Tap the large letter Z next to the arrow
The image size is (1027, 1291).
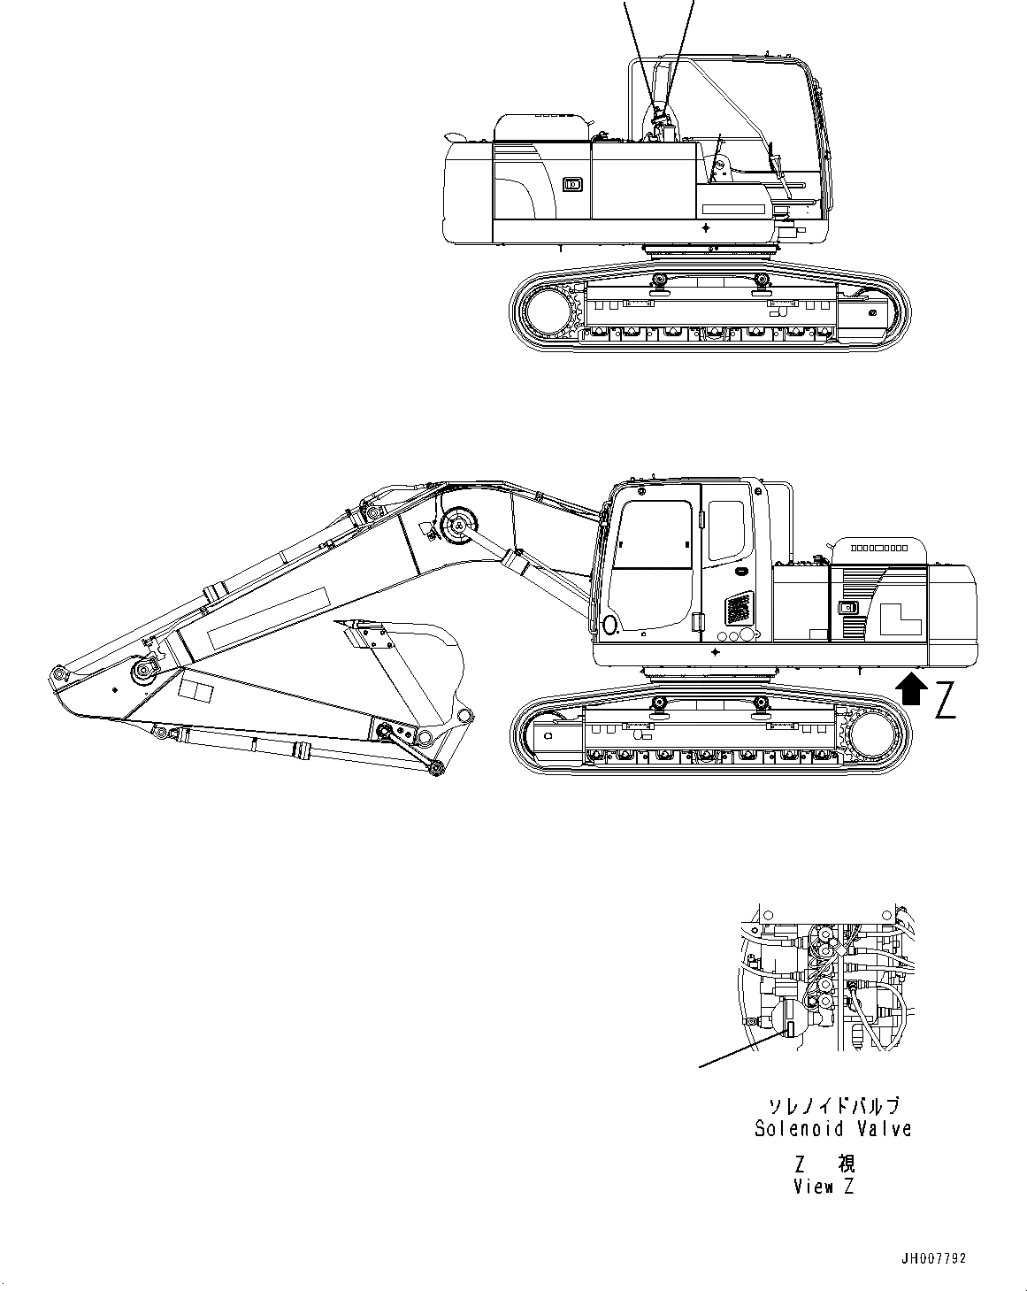946,698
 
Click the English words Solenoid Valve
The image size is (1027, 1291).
832,1128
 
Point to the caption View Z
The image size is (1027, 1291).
824,1187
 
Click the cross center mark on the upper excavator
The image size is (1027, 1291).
706,227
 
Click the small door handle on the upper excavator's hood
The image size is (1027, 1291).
571,184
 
